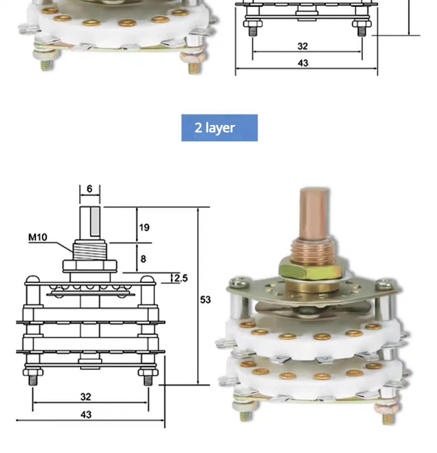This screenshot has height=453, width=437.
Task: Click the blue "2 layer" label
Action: pos(219,128)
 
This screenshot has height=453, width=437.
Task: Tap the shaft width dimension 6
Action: pos(89,189)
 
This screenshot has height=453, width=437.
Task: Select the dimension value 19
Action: pos(144,227)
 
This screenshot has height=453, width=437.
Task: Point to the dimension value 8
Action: pos(143,259)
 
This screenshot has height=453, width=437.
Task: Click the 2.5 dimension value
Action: pos(181,278)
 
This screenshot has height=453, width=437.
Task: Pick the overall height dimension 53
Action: pos(205,300)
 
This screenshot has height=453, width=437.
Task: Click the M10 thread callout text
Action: pos(38,237)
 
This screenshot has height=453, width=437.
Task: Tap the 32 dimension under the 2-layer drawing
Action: pos(86,396)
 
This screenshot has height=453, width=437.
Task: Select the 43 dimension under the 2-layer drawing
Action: pos(86,414)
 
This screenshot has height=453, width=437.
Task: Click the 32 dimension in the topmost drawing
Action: pos(303,46)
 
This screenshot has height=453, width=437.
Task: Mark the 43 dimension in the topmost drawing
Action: pos(303,63)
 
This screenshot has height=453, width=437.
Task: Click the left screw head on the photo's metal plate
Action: pos(238,282)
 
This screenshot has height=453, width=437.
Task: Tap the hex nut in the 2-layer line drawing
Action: pos(90,266)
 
